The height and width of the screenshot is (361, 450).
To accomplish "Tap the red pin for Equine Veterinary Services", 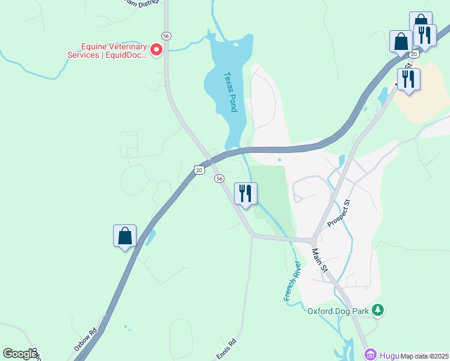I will [157, 49].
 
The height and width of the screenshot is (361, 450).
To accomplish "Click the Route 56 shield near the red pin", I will [166, 36].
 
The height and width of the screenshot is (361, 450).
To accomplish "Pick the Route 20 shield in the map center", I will [199, 170].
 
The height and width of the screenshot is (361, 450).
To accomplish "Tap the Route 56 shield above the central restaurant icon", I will [220, 179].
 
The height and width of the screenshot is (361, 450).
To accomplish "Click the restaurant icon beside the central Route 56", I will [245, 194].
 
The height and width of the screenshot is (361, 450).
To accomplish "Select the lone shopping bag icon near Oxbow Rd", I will [125, 236].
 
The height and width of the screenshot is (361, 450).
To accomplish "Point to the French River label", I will [291, 282].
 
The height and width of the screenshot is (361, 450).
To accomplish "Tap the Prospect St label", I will [339, 214].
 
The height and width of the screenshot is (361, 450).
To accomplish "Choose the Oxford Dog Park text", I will [337, 311].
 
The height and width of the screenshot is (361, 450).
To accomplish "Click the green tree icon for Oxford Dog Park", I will [378, 310].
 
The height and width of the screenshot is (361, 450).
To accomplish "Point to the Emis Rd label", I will [226, 348].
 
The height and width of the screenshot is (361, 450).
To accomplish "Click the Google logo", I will [19, 354].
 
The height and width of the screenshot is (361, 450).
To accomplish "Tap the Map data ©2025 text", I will [425, 356].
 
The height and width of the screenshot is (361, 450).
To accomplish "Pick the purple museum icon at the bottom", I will [370, 354].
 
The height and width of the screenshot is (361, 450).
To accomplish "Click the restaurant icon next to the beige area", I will [408, 79].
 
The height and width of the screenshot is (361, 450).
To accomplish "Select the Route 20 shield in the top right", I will [413, 54].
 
